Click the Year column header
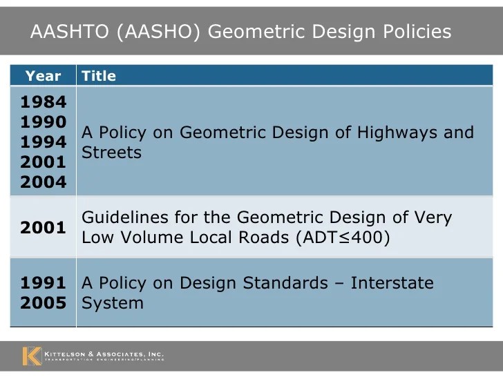click(43, 76)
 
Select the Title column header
click(99, 76)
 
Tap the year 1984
click(43, 102)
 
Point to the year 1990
click(43, 122)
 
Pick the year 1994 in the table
click(43, 142)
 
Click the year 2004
click(43, 182)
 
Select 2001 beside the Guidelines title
click(43, 228)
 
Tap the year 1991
click(43, 282)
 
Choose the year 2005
click(43, 302)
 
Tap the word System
click(113, 303)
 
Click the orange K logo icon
click(32, 355)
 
